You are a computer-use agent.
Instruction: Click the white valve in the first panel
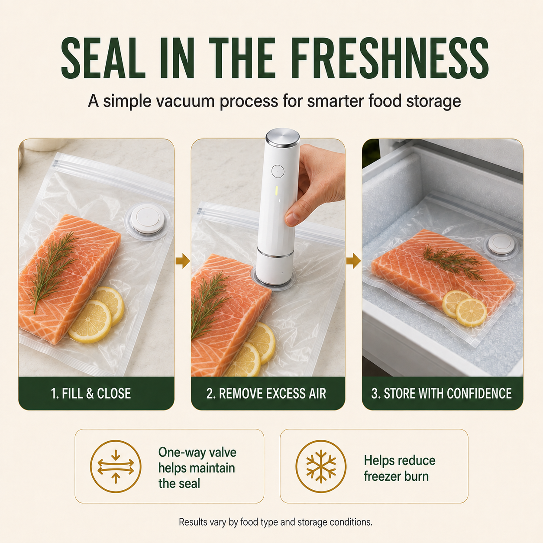(x=147, y=219)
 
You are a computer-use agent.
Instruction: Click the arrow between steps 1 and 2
(x=183, y=260)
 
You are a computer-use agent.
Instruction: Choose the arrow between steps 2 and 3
(x=353, y=260)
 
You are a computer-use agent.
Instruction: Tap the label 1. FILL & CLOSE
(x=91, y=393)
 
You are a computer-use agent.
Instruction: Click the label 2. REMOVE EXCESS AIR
(x=266, y=393)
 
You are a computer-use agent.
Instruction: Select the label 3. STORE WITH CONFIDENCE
(x=441, y=393)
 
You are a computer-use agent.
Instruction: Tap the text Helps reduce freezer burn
(x=399, y=468)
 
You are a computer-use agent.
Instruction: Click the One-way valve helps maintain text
(x=197, y=460)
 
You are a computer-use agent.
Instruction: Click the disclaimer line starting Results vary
(x=275, y=522)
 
